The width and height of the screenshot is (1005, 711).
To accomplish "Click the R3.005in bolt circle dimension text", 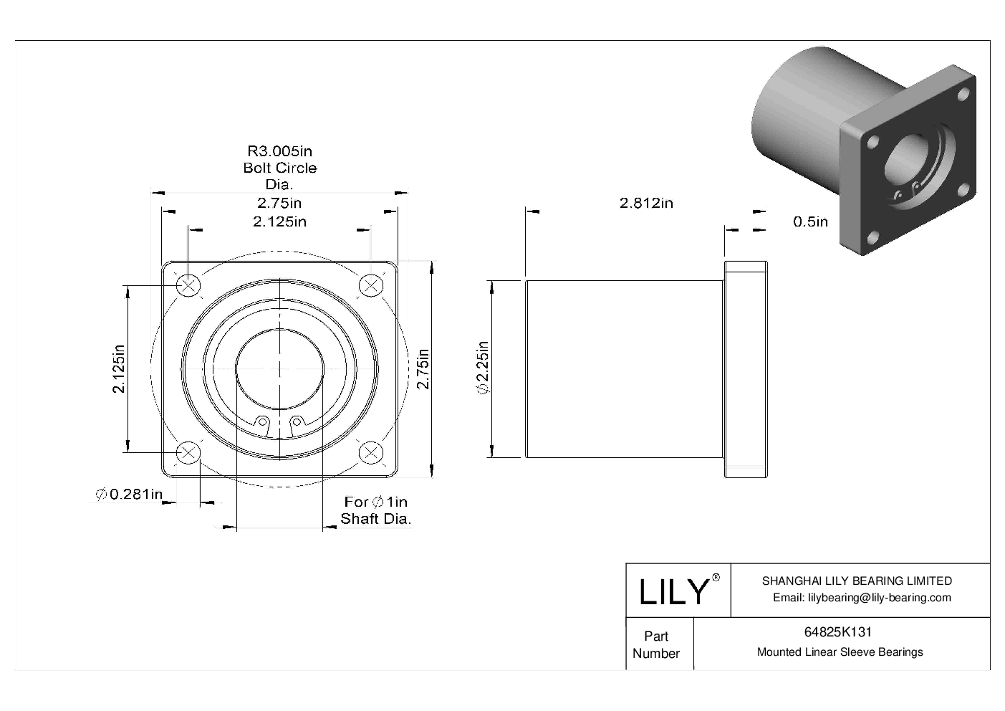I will pyautogui.click(x=279, y=151).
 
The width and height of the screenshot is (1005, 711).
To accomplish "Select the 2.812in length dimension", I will pyautogui.click(x=645, y=203).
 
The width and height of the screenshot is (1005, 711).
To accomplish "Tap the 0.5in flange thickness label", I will pyautogui.click(x=810, y=221).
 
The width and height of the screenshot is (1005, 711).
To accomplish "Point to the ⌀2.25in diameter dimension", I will pyautogui.click(x=482, y=368).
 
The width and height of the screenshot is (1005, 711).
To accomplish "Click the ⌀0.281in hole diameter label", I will pyautogui.click(x=129, y=494).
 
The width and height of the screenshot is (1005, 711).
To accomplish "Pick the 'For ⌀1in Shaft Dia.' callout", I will pyautogui.click(x=375, y=510).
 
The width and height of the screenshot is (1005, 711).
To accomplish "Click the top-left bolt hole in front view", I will pyautogui.click(x=188, y=285).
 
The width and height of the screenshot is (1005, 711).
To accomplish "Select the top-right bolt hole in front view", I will pyautogui.click(x=370, y=285).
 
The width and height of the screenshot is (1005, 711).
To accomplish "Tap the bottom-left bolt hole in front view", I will pyautogui.click(x=188, y=452).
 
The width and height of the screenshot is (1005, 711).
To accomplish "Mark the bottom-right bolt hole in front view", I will pyautogui.click(x=370, y=452).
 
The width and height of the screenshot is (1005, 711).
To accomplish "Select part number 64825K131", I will pyautogui.click(x=837, y=632).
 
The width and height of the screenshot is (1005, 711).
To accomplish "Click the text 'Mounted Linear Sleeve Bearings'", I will pyautogui.click(x=840, y=652).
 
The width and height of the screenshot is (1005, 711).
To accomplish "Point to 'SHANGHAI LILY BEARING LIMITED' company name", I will pyautogui.click(x=857, y=581).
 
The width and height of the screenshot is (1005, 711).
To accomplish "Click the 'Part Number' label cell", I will pyautogui.click(x=655, y=644).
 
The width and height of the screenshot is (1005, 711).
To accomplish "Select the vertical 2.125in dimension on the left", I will pyautogui.click(x=119, y=368).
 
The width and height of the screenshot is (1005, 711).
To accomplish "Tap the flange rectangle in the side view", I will pyautogui.click(x=746, y=369).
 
